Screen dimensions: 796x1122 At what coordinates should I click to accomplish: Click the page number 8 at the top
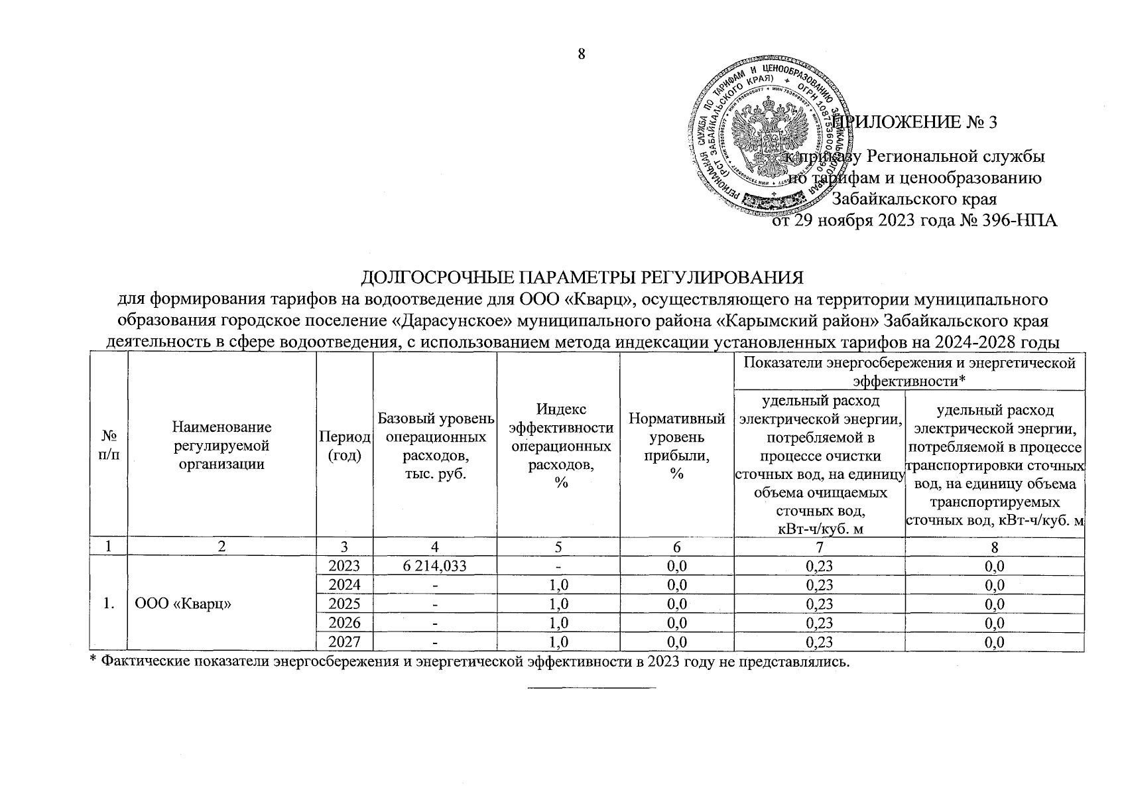point(582,54)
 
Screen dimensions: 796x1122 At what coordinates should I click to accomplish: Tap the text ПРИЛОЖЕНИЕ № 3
point(916,122)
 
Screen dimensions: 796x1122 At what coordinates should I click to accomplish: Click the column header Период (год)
point(345,445)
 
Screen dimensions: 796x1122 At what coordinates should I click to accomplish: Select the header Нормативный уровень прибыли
point(676,445)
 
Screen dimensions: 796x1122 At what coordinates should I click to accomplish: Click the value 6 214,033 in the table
point(434,566)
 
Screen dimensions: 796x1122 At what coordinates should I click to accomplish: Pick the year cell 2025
point(345,604)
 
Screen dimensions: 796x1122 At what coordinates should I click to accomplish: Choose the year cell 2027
point(345,641)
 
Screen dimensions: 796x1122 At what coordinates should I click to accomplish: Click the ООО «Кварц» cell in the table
point(182,604)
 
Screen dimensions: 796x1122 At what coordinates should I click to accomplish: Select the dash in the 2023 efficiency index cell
point(558,566)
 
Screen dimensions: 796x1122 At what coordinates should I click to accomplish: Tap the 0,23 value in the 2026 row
point(819,623)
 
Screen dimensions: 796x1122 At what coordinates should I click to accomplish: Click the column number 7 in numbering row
point(819,547)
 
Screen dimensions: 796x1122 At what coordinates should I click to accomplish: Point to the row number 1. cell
point(107,604)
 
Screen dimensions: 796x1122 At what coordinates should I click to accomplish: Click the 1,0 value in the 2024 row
point(558,585)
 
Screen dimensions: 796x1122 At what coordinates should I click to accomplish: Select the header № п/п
point(107,445)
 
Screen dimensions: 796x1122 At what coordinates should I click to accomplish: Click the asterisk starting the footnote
point(93,660)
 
